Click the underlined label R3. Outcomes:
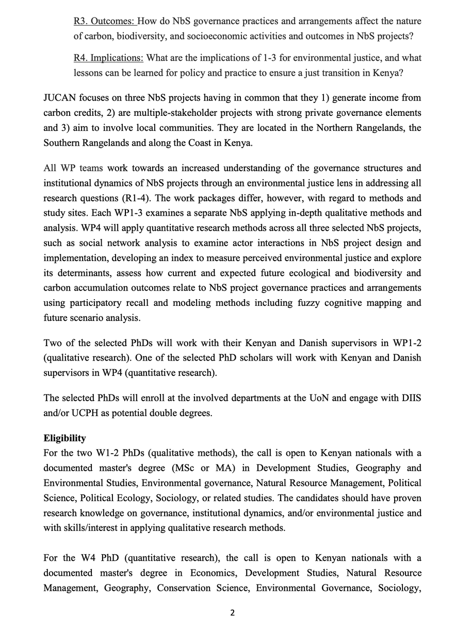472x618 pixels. (x=105, y=21)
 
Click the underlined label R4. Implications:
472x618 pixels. (x=109, y=58)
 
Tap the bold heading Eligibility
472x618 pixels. (x=64, y=439)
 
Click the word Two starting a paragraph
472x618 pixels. (x=53, y=343)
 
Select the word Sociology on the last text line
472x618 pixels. (x=399, y=588)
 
